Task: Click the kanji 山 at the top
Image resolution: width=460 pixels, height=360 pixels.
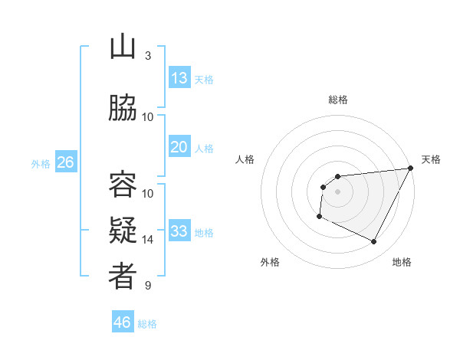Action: click(x=123, y=48)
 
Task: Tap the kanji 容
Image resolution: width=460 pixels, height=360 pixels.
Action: click(x=123, y=185)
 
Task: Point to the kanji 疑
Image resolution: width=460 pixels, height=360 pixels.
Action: click(x=123, y=231)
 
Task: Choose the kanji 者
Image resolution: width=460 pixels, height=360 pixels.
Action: click(x=123, y=277)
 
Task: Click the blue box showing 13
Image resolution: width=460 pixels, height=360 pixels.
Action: click(x=179, y=78)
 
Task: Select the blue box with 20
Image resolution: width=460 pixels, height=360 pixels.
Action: click(x=179, y=147)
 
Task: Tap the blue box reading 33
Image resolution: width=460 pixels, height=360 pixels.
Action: click(x=179, y=231)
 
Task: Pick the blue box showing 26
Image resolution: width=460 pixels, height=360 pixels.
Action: click(x=66, y=162)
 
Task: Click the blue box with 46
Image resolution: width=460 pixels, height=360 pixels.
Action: click(x=123, y=322)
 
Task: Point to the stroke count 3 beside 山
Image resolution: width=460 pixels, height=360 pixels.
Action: click(x=148, y=56)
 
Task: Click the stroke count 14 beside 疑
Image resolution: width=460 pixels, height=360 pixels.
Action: click(x=148, y=240)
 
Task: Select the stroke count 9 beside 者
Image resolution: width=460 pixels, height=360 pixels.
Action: click(x=148, y=286)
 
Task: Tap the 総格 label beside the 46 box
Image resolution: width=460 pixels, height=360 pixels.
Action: click(x=148, y=324)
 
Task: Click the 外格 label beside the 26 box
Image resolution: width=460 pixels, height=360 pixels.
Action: click(x=41, y=163)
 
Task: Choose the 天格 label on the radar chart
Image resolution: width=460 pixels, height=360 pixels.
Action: click(x=431, y=159)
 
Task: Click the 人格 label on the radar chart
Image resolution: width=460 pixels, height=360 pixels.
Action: click(x=245, y=159)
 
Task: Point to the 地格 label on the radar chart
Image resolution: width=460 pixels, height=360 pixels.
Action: click(x=402, y=262)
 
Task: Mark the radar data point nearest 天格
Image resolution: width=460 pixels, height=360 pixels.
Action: click(x=411, y=169)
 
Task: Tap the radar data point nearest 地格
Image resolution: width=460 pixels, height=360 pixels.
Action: click(x=374, y=242)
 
